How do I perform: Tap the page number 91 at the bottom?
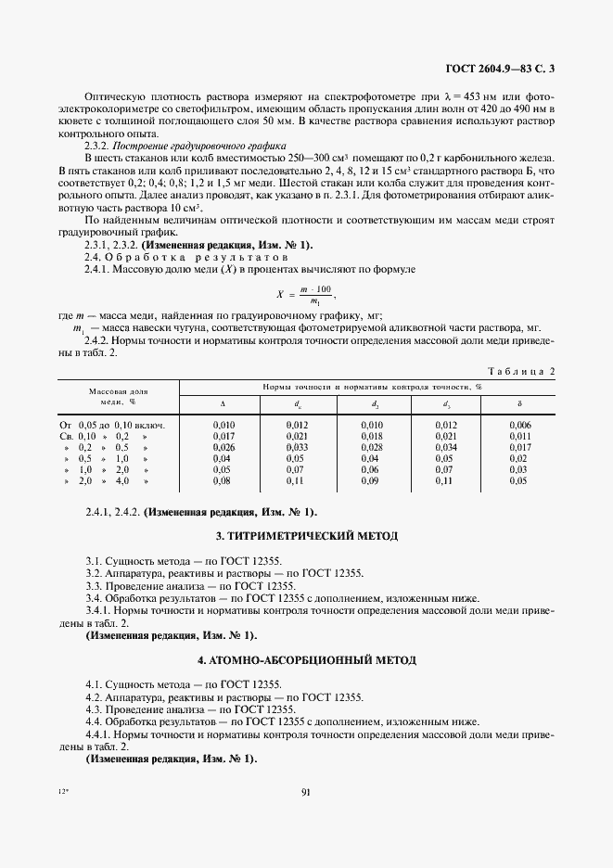coord(306,791)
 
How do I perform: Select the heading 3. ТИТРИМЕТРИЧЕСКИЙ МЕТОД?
coord(306,536)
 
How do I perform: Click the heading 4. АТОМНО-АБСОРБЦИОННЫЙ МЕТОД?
coord(306,659)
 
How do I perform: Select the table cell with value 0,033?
coord(298,447)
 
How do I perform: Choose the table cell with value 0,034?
coord(444,447)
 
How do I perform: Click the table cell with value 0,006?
coord(518,425)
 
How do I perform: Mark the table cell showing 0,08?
coord(223,480)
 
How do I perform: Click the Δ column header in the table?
coord(223,403)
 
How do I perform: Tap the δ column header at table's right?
coord(518,403)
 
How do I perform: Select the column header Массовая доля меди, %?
coord(119,396)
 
